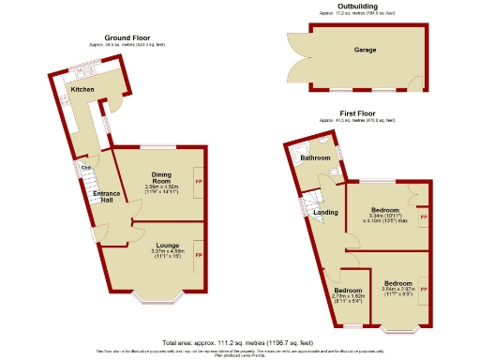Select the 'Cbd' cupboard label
(85, 169)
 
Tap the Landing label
(325, 213)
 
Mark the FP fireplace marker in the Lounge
(198, 254)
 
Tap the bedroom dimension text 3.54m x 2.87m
(397, 291)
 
